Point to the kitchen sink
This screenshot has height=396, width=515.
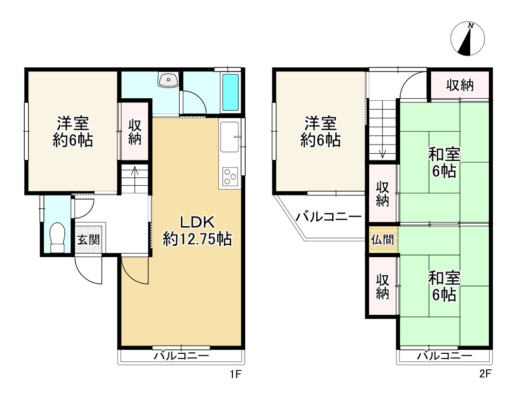point(229,137)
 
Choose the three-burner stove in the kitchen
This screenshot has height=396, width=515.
point(229,177)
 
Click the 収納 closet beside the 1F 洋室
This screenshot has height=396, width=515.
point(135,132)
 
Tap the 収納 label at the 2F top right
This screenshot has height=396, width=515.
point(459,85)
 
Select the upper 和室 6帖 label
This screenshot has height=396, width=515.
point(444,163)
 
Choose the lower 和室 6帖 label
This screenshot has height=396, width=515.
point(444,286)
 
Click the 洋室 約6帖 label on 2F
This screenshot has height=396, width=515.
point(320,132)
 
